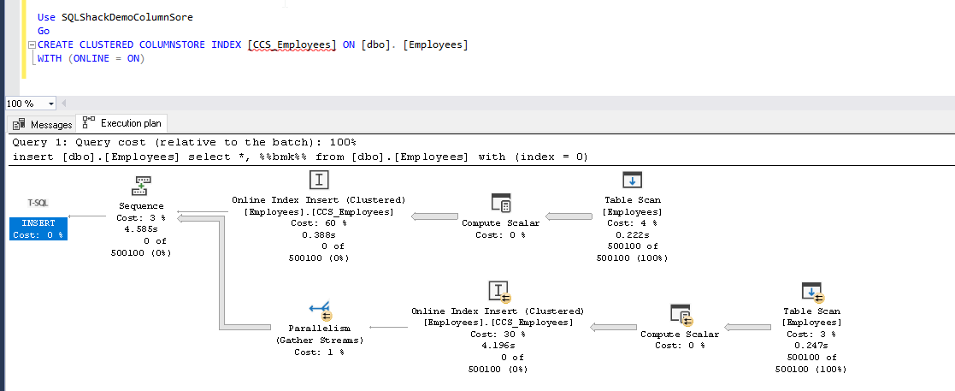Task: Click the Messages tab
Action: click(44, 124)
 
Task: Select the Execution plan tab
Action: click(121, 123)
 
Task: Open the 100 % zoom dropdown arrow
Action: click(51, 104)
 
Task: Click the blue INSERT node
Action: click(38, 228)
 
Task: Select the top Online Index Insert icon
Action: click(318, 180)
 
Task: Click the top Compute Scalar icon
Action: click(501, 203)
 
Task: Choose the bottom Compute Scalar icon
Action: click(680, 314)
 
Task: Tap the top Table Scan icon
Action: click(632, 180)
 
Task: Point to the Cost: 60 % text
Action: click(318, 222)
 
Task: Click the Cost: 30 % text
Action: click(498, 334)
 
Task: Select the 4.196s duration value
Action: click(498, 346)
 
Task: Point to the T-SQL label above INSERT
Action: click(38, 204)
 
